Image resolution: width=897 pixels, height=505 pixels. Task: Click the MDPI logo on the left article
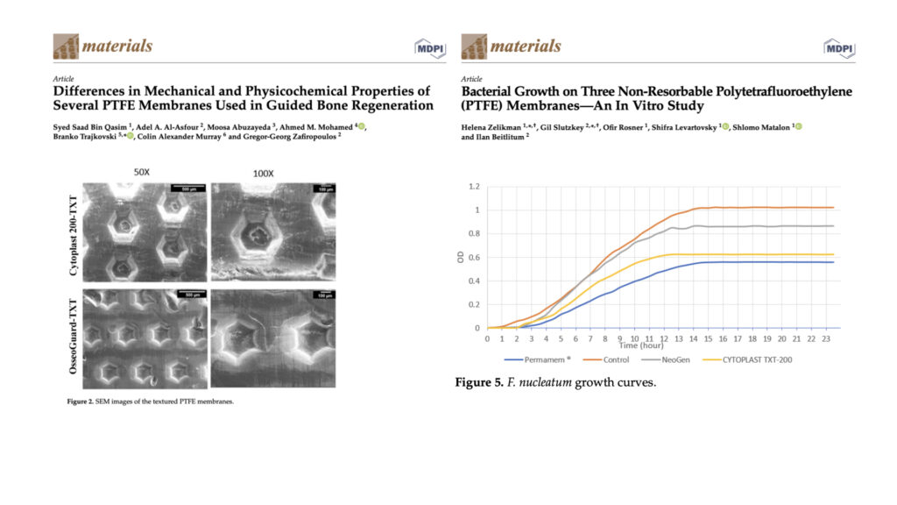coord(428,47)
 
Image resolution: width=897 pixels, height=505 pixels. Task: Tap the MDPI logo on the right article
coord(838,47)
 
